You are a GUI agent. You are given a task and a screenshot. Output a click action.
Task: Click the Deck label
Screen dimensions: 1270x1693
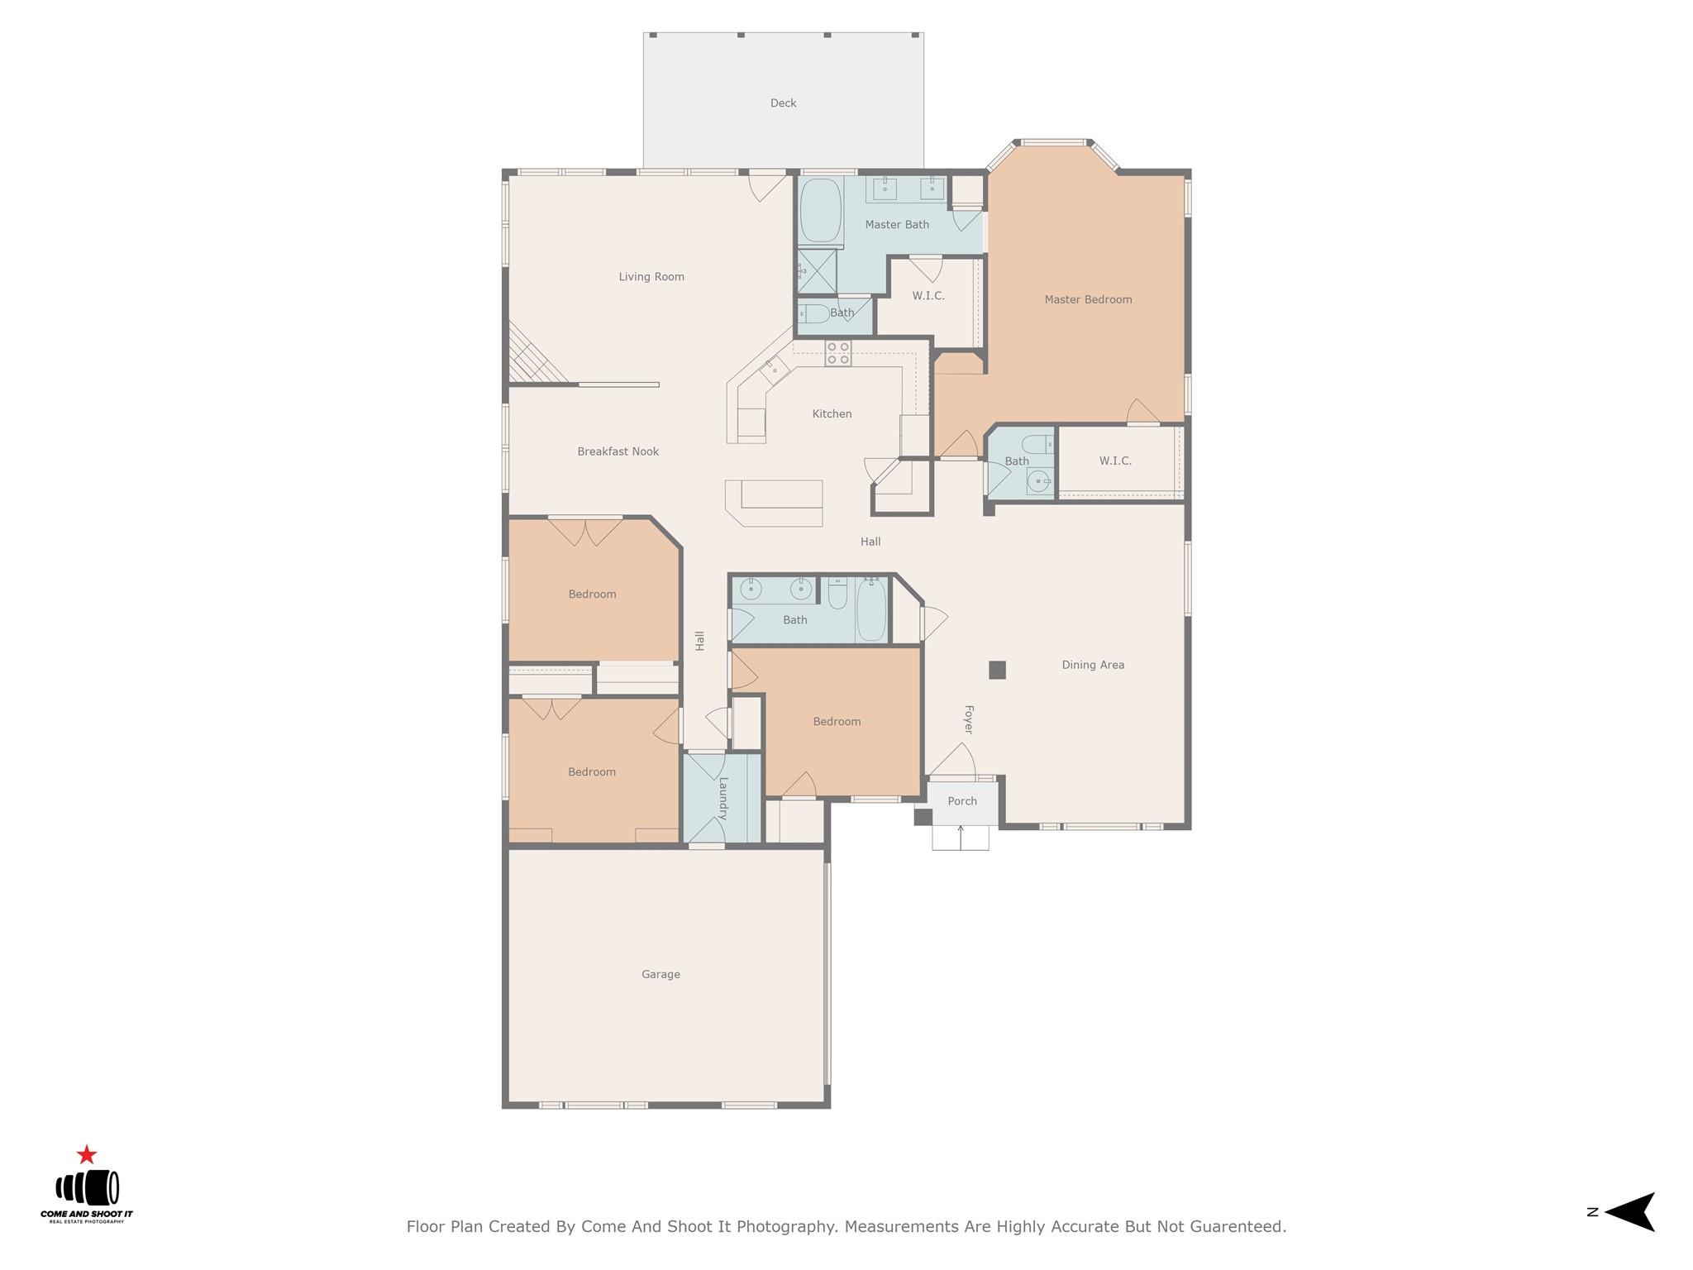(783, 103)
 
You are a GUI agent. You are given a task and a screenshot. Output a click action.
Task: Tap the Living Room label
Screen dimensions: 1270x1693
(651, 277)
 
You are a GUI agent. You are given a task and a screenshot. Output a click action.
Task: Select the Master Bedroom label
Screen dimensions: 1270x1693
(1088, 299)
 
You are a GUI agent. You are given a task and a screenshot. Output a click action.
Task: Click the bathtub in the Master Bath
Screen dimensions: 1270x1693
(820, 211)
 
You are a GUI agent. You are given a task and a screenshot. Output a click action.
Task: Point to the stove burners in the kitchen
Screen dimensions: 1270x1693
(837, 353)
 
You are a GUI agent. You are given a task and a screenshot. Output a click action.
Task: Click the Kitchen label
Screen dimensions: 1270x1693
(832, 413)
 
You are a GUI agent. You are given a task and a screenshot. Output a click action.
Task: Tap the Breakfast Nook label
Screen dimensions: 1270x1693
(618, 451)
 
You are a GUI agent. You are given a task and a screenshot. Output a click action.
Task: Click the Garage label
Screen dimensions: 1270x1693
(661, 974)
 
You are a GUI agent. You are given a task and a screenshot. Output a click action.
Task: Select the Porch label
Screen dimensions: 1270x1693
(961, 801)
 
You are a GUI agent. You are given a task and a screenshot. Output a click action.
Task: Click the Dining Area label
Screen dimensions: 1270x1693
(1092, 665)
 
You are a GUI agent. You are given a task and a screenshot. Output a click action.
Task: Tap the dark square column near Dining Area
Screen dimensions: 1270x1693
(997, 670)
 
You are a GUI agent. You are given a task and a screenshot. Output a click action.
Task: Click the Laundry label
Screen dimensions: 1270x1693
(723, 798)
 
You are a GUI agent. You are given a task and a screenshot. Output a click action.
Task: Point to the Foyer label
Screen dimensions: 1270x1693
(968, 719)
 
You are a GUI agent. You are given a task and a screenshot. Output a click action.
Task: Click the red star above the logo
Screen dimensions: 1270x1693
(87, 1155)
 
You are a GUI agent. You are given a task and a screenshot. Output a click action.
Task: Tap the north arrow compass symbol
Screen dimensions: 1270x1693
(1629, 1212)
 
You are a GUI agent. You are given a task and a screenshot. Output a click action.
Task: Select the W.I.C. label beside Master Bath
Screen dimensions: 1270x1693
(928, 295)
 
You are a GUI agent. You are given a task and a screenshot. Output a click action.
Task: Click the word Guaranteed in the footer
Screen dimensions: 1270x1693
(1237, 1227)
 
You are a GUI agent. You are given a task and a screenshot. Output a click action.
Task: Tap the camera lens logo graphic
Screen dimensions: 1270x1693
(87, 1189)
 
